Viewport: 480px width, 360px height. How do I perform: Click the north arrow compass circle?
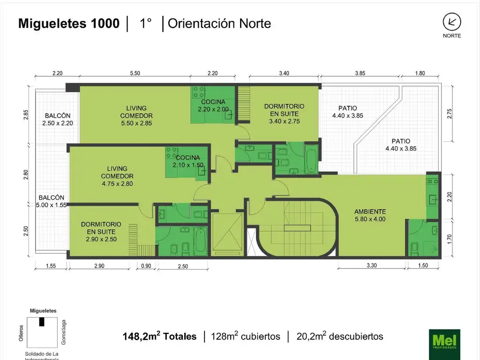[x=452, y=22]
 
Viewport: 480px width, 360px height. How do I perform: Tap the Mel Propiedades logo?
[x=444, y=344]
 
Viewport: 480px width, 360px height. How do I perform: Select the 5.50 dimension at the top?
[x=135, y=73]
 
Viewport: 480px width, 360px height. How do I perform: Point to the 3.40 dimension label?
[x=284, y=73]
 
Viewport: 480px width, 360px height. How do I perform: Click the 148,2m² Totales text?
[x=159, y=336]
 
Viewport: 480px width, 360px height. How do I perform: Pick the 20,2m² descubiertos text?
[x=340, y=336]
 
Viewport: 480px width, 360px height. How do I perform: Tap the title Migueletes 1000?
[x=69, y=23]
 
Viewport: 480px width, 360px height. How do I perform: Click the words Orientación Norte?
[x=219, y=23]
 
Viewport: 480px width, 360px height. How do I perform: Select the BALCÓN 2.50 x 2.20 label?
[x=58, y=120]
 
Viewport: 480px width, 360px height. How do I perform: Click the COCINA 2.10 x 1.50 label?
[x=188, y=161]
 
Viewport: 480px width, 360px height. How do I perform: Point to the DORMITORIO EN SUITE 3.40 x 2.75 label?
[x=285, y=113]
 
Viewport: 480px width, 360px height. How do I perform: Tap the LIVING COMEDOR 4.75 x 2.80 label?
[x=117, y=176]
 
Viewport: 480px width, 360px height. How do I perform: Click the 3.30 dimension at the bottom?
[x=372, y=265]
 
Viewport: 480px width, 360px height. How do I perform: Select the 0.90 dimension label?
[x=146, y=266]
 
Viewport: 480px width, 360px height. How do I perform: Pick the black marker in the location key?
[x=42, y=322]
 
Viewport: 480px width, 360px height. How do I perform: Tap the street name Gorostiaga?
[x=64, y=332]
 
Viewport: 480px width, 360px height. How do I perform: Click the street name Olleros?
[x=21, y=333]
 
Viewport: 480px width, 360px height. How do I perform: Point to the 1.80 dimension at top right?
[x=420, y=73]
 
